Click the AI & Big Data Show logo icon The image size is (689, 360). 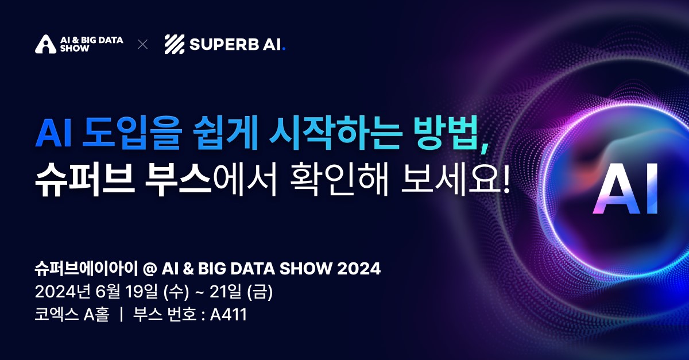[x=46, y=44]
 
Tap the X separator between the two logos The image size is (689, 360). [x=143, y=44]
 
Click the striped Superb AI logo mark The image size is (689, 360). [x=175, y=44]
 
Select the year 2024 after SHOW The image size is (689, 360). [x=359, y=269]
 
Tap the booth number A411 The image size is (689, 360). [x=229, y=315]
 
